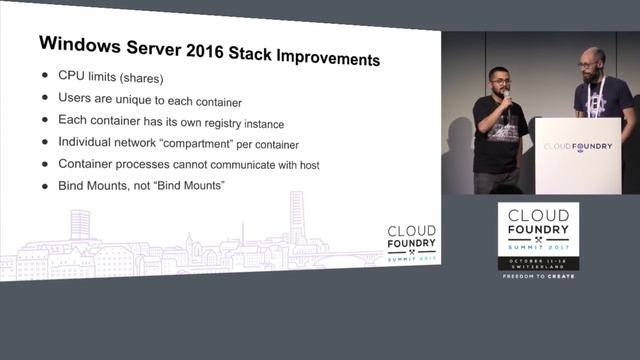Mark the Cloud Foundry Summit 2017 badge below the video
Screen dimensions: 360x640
[x=538, y=240]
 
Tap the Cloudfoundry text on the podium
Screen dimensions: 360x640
[x=578, y=145]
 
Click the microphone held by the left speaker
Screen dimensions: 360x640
[x=506, y=97]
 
